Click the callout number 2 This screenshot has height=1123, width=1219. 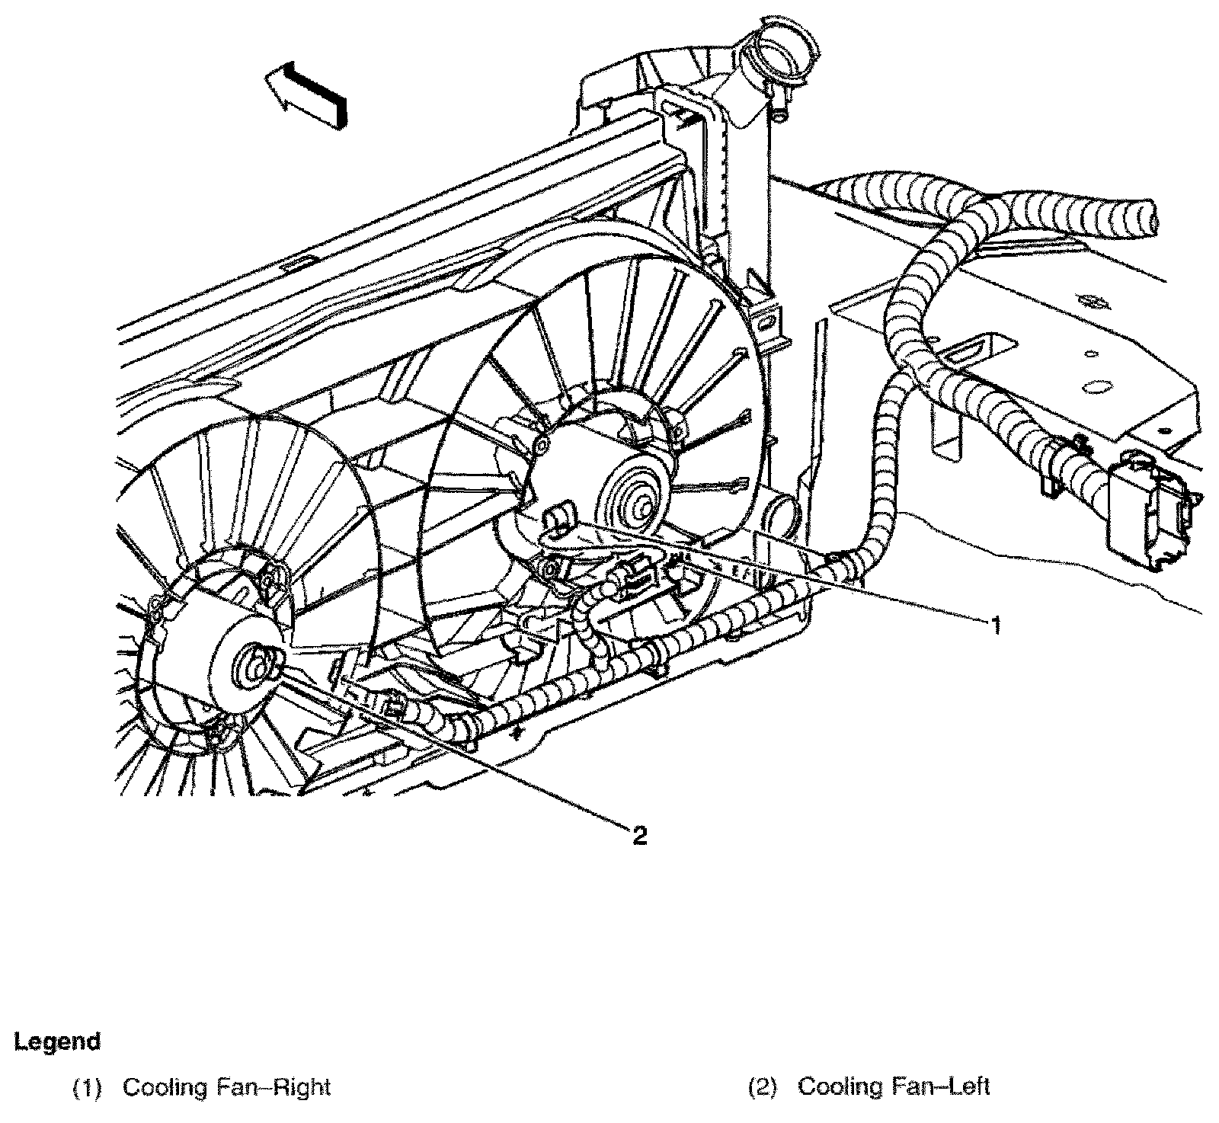coord(639,836)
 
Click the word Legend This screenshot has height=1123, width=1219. coord(57,1041)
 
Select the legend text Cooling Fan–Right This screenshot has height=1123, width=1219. coord(226,1086)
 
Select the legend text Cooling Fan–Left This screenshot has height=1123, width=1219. coord(893,1086)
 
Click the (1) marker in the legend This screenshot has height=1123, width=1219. coord(86,1086)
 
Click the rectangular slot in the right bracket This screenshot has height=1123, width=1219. coord(967,352)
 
